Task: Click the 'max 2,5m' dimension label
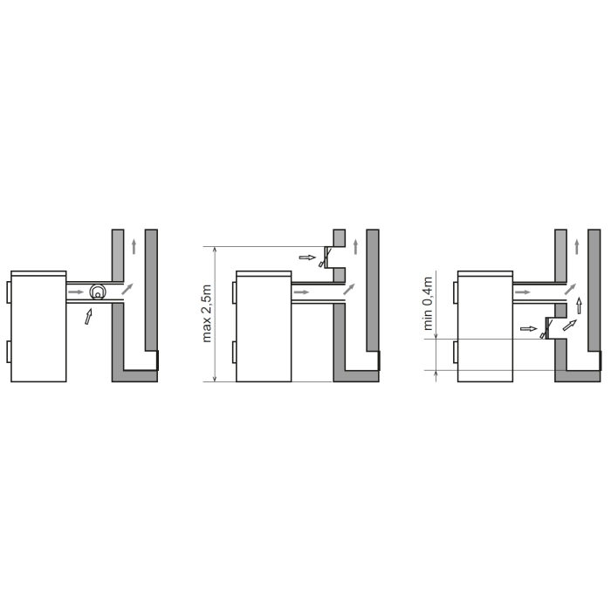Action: tap(207, 313)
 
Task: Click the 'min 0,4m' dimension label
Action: tap(428, 304)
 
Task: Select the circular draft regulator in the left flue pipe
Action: tap(98, 292)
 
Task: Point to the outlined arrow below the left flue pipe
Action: tap(88, 316)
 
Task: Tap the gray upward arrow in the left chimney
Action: tap(134, 247)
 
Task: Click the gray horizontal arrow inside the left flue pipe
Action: tap(76, 292)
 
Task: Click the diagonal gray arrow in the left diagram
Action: tap(127, 289)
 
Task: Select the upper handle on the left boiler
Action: tap(9, 292)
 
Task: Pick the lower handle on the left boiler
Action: tap(9, 352)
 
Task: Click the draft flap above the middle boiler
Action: tap(326, 257)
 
